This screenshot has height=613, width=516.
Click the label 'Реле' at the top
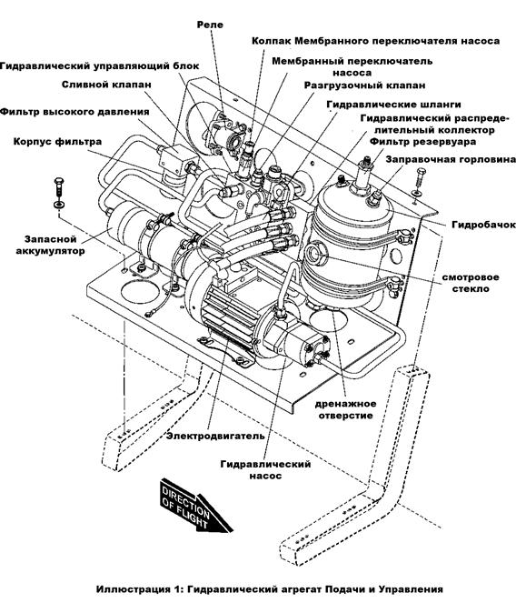tap(210, 25)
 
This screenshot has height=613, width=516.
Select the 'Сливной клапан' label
tap(106, 85)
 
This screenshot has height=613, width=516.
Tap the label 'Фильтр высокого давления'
tap(74, 112)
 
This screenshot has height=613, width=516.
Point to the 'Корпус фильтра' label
tap(57, 142)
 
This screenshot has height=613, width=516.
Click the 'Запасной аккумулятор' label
tap(50, 245)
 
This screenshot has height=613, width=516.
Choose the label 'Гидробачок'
tap(483, 225)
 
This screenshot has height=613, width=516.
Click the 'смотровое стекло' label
tap(471, 283)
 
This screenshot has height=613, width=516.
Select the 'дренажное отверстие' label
tap(345, 409)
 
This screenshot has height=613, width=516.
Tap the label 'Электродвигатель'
tap(215, 436)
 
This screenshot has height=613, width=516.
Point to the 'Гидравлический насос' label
tap(265, 470)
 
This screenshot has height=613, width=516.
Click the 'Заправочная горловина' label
tap(451, 160)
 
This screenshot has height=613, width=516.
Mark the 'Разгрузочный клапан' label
tap(365, 85)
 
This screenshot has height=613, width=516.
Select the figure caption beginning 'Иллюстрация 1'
tap(270, 589)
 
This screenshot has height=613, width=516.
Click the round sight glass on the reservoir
tap(314, 253)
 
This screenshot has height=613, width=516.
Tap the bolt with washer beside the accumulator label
tap(58, 193)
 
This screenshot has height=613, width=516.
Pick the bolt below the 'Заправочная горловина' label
tap(420, 181)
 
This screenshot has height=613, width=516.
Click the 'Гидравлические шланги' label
tap(393, 105)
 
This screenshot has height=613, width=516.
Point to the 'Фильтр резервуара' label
tap(423, 142)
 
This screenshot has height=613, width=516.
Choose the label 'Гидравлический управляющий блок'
tap(100, 66)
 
